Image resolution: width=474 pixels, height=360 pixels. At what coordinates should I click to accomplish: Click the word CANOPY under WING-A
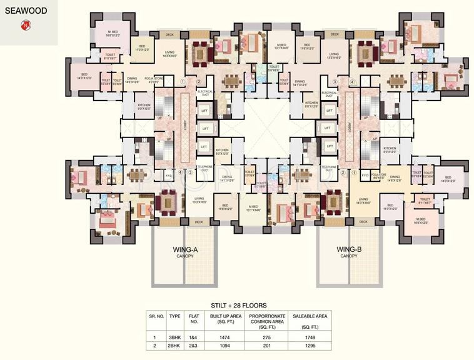(185, 256)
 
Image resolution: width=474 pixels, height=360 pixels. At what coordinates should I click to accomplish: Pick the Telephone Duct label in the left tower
(206, 168)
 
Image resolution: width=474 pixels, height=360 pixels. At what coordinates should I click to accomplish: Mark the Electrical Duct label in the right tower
(329, 94)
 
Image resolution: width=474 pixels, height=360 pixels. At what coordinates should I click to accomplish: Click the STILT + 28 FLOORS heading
(239, 306)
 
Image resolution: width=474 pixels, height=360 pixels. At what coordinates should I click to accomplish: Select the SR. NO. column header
(156, 316)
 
